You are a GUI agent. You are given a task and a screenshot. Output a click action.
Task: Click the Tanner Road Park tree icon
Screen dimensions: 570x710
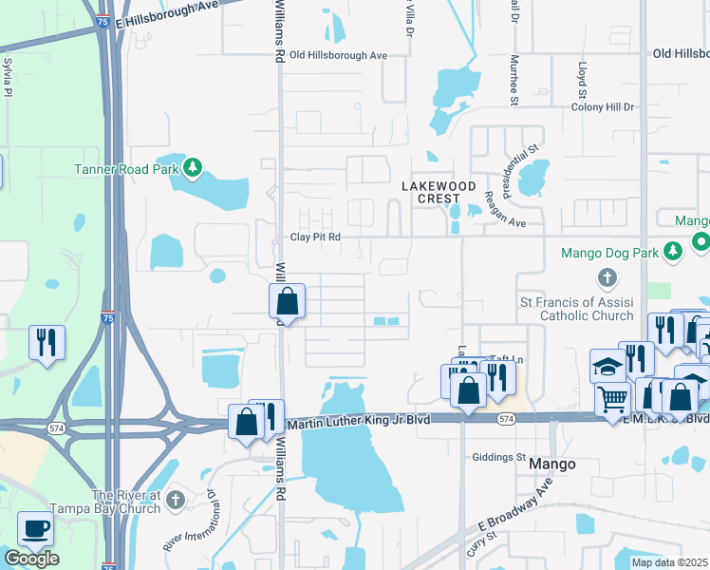point(194,169)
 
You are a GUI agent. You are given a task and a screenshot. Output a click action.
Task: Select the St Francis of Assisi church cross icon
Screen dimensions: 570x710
point(607,278)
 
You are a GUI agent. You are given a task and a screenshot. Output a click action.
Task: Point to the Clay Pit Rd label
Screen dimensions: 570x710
point(315,237)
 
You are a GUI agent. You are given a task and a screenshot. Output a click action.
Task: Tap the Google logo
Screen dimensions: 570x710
point(31,559)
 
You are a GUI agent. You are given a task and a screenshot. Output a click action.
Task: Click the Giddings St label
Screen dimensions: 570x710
point(499,457)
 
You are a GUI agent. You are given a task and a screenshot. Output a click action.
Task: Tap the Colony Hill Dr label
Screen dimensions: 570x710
point(602,106)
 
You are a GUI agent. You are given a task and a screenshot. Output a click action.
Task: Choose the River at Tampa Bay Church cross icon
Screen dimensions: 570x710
point(173,500)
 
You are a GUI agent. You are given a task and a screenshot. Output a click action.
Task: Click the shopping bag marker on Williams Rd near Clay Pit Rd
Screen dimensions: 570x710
point(287,302)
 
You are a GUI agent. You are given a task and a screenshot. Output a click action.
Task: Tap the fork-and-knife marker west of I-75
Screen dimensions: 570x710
point(47,342)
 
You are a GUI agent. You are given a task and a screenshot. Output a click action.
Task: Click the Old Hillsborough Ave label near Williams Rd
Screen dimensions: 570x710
point(339,55)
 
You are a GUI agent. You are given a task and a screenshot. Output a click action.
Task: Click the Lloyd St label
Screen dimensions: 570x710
point(581,80)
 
